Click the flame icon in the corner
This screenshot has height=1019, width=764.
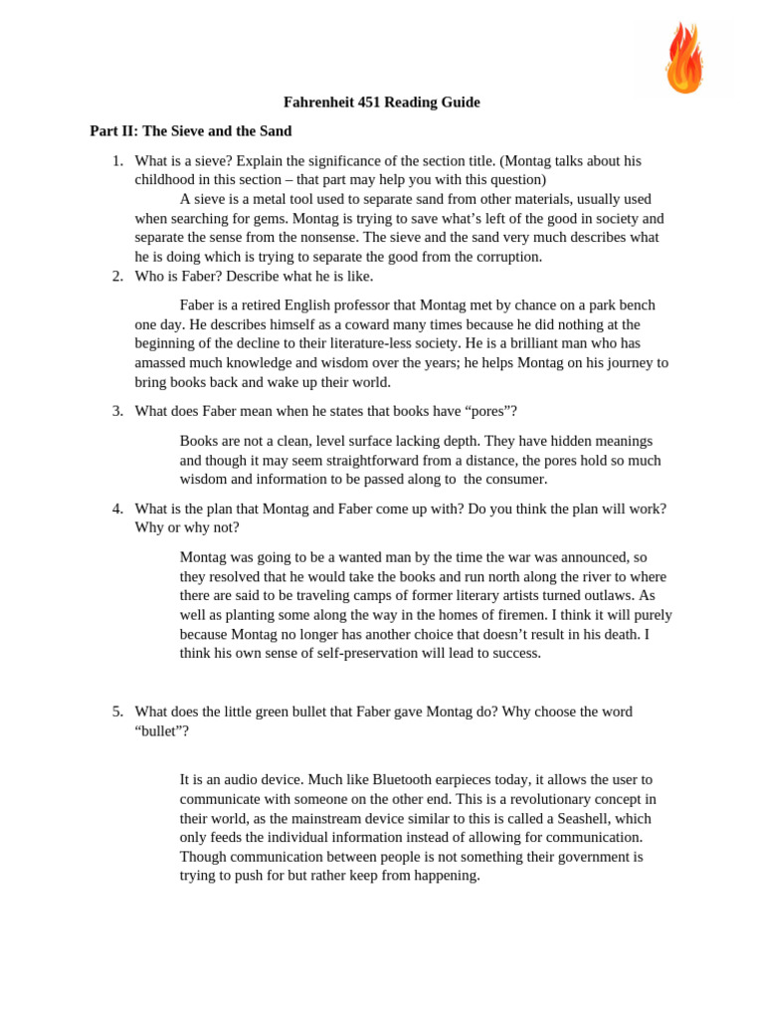click(684, 58)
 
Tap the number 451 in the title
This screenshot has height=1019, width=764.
click(377, 102)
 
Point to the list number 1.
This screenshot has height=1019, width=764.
click(116, 160)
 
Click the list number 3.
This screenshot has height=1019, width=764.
click(116, 411)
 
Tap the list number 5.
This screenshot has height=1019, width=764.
click(116, 712)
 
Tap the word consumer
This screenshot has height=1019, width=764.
click(516, 479)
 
